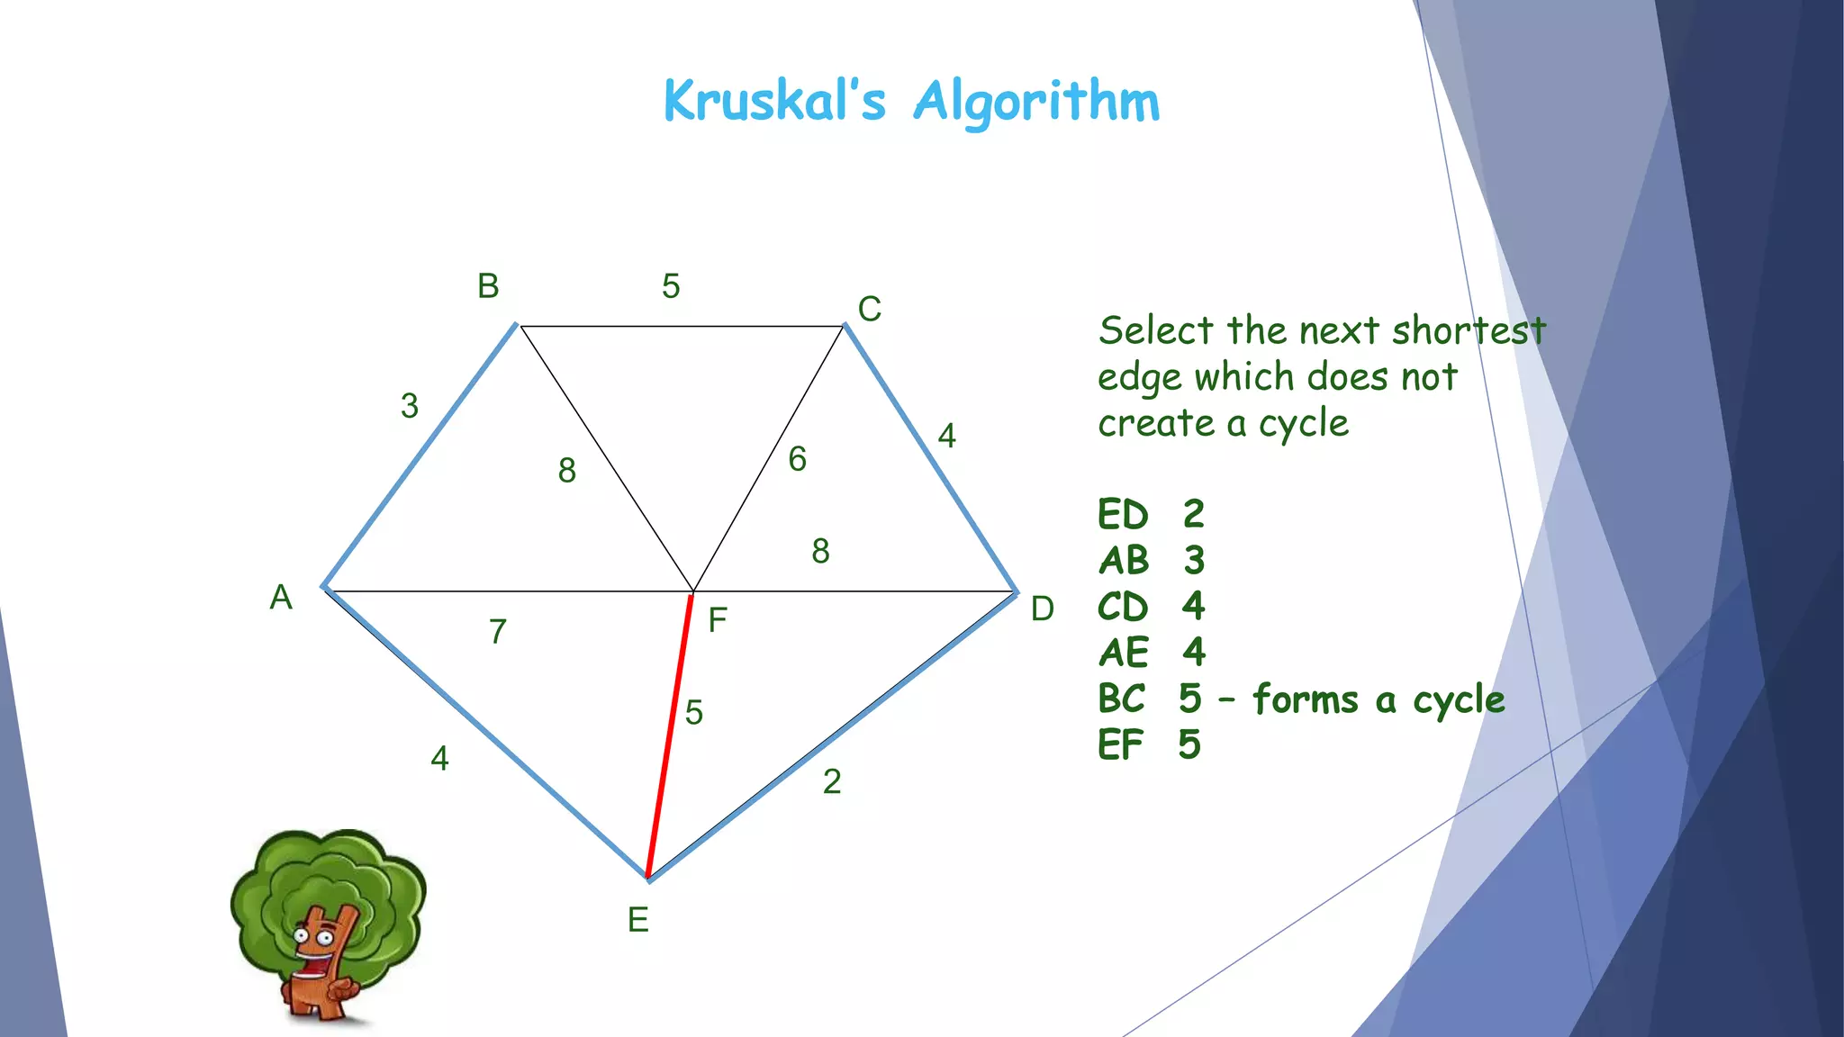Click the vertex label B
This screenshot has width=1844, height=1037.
click(x=488, y=286)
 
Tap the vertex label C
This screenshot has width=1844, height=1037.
click(x=869, y=309)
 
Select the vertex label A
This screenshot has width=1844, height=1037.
click(x=281, y=597)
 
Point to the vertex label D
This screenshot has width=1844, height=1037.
click(x=1042, y=609)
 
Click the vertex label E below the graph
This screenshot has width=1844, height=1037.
click(x=637, y=920)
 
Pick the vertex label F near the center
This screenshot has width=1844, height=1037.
click(x=717, y=620)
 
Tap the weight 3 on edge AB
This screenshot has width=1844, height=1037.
click(x=410, y=406)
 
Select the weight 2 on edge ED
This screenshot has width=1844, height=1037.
click(x=832, y=781)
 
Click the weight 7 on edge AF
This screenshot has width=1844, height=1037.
click(x=498, y=632)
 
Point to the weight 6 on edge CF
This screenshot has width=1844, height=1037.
click(x=797, y=459)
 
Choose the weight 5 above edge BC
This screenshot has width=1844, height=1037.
click(x=671, y=286)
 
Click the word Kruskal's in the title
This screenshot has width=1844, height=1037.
click(x=774, y=101)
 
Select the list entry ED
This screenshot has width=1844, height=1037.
click(x=1123, y=515)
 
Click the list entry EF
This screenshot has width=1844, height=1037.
click(x=1120, y=745)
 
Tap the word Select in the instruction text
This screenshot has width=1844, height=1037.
click(x=1155, y=331)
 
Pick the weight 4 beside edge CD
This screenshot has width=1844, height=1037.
click(x=946, y=436)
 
